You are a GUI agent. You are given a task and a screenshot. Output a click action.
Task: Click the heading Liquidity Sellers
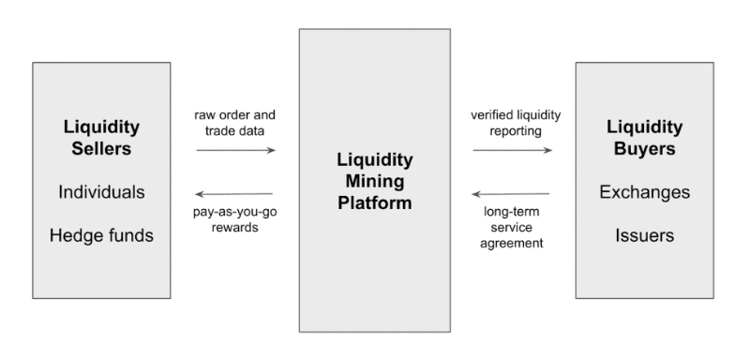click(x=101, y=136)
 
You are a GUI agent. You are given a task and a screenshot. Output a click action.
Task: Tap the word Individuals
click(x=101, y=192)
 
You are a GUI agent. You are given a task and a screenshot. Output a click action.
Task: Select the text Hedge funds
click(x=101, y=234)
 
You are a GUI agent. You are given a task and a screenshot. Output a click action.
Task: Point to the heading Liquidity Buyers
click(x=645, y=136)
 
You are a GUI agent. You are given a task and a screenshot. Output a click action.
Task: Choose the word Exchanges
click(x=645, y=192)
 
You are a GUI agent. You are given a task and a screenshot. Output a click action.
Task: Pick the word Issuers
click(x=645, y=234)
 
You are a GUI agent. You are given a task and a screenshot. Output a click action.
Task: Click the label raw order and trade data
click(x=235, y=122)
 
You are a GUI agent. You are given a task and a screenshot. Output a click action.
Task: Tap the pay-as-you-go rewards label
click(x=235, y=218)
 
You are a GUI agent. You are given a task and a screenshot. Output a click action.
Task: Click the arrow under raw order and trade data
click(x=235, y=150)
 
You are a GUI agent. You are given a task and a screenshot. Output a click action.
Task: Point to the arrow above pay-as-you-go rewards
click(x=235, y=194)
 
